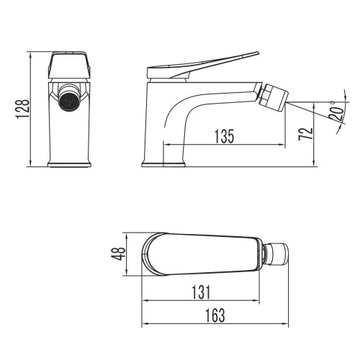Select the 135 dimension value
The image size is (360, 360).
click(x=226, y=136)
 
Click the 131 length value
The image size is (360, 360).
click(x=202, y=292)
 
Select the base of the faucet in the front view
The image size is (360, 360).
click(x=70, y=165)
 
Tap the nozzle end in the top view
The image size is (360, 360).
click(x=277, y=253)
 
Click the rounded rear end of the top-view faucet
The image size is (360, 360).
click(x=144, y=253)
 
